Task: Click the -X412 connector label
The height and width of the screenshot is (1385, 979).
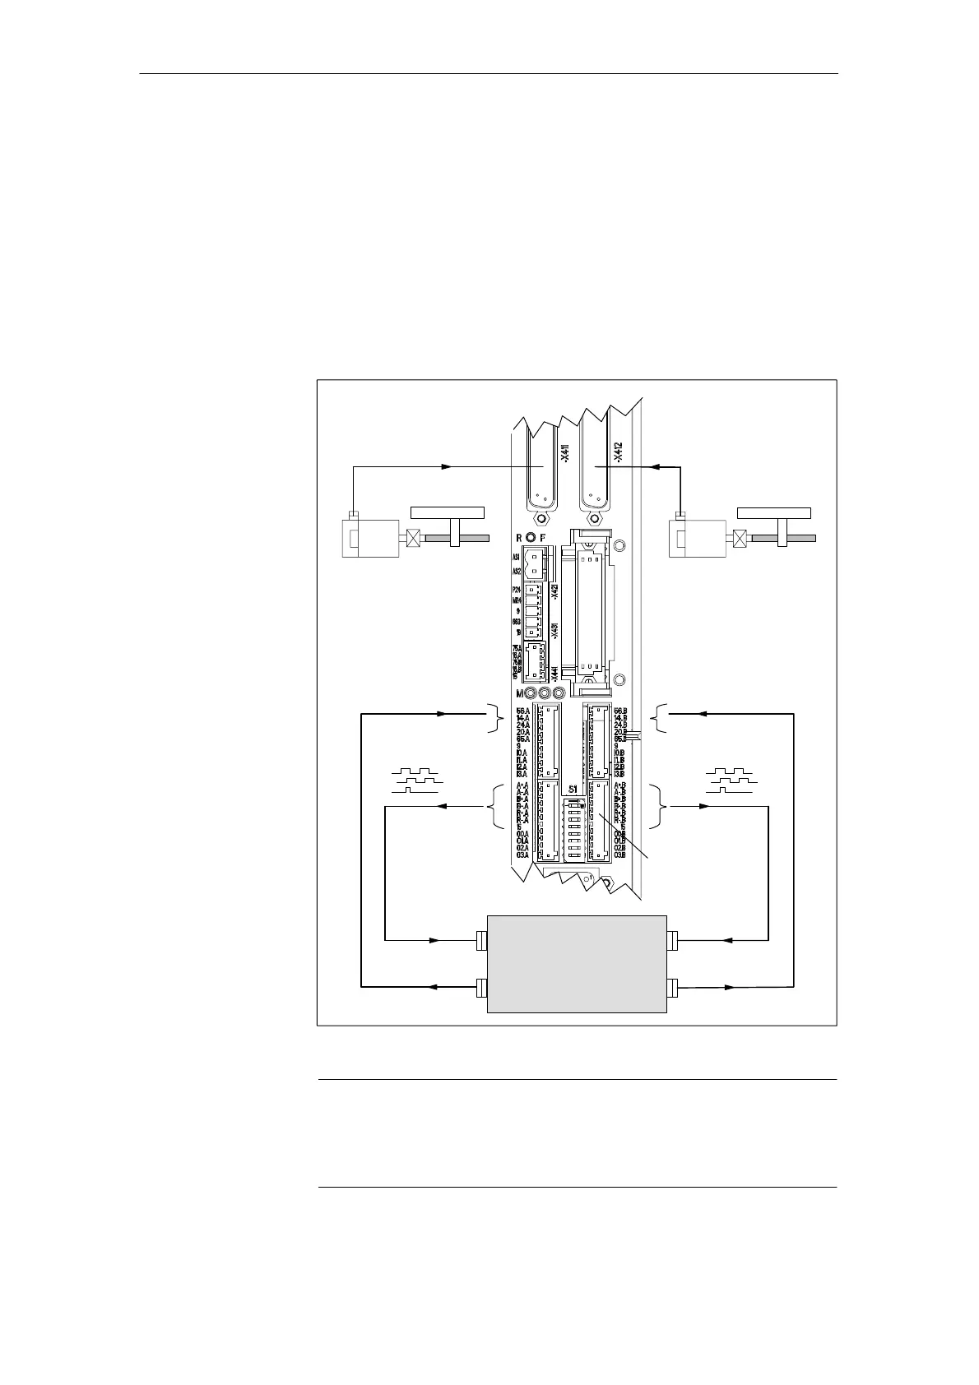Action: click(x=618, y=455)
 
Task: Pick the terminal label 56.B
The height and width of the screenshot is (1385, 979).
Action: click(x=620, y=711)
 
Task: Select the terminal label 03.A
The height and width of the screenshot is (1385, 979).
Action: click(x=522, y=855)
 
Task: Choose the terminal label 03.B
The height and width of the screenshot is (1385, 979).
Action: click(x=620, y=855)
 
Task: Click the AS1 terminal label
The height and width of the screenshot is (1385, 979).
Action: click(x=517, y=557)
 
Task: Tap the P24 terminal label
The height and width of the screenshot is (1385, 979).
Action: click(x=517, y=590)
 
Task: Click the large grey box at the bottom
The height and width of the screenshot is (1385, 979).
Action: click(x=576, y=964)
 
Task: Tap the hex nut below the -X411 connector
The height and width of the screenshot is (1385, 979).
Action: click(x=540, y=520)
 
